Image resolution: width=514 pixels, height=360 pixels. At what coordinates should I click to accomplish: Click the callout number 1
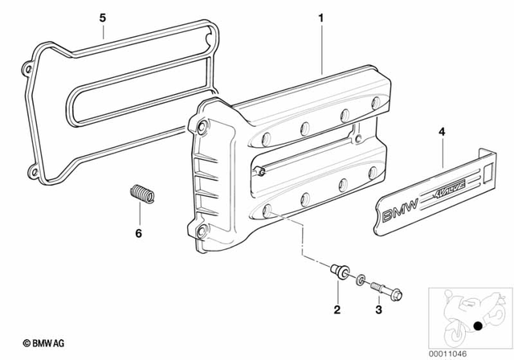(x=320, y=17)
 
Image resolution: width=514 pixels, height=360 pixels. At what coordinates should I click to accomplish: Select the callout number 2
(x=337, y=309)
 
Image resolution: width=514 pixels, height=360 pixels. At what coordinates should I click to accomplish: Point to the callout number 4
(x=440, y=131)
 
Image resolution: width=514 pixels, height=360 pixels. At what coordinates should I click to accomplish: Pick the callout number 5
(x=102, y=17)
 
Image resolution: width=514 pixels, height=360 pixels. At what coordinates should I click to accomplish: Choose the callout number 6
(x=138, y=234)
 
